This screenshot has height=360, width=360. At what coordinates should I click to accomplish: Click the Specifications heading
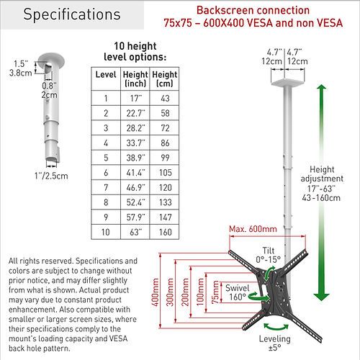(x=72, y=14)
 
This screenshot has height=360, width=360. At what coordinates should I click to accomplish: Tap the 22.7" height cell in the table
(x=135, y=113)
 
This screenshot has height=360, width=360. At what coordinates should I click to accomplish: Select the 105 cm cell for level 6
(x=166, y=173)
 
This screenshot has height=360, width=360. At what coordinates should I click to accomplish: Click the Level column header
(x=106, y=74)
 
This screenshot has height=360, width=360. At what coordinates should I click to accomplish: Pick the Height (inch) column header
(x=135, y=79)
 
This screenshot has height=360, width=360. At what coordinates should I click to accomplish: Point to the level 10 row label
(x=106, y=232)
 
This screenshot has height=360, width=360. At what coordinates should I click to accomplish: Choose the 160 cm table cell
(x=166, y=232)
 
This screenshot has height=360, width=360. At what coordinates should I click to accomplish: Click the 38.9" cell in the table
(x=135, y=158)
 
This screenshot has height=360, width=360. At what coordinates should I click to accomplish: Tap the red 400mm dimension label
(x=156, y=292)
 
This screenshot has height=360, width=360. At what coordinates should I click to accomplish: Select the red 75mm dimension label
(x=215, y=292)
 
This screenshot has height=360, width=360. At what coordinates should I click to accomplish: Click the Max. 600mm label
(x=253, y=229)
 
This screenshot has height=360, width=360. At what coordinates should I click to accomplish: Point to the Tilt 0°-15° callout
(x=268, y=255)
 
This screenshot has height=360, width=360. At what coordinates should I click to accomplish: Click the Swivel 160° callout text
(x=237, y=292)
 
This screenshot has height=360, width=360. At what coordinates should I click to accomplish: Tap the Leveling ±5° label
(x=274, y=343)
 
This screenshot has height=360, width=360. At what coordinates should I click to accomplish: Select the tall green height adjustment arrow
(x=321, y=192)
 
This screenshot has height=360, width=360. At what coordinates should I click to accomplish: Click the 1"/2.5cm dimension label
(x=51, y=176)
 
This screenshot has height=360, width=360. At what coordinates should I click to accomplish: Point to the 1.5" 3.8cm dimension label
(x=20, y=68)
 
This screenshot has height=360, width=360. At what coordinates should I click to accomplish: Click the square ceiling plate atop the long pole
(x=288, y=82)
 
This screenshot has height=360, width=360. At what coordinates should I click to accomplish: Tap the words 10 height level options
(x=135, y=51)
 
